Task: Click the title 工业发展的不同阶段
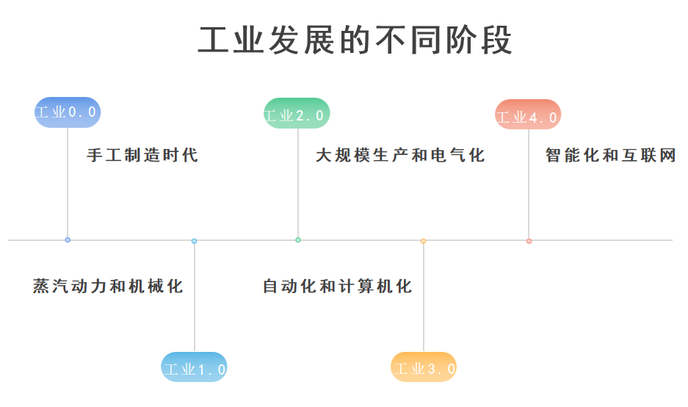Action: [x=355, y=40]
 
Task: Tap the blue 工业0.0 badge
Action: [x=68, y=112]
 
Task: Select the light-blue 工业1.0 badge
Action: [x=194, y=367]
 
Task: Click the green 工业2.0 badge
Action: [x=297, y=113]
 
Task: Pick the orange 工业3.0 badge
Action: [x=424, y=367]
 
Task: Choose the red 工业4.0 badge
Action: [x=528, y=115]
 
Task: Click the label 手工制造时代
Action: [x=142, y=155]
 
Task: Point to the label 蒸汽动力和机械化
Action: [x=108, y=287]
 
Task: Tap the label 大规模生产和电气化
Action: [x=400, y=155]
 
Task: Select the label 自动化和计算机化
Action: [x=338, y=287]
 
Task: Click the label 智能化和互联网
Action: [x=610, y=155]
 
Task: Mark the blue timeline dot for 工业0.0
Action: [x=68, y=239]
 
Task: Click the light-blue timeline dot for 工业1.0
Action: [x=194, y=241]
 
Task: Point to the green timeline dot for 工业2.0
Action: [x=298, y=239]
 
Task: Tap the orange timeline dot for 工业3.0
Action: [x=424, y=241]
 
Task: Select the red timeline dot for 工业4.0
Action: [x=529, y=241]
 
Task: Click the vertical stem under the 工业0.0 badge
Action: [x=68, y=182]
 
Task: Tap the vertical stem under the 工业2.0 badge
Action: [x=298, y=183]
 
